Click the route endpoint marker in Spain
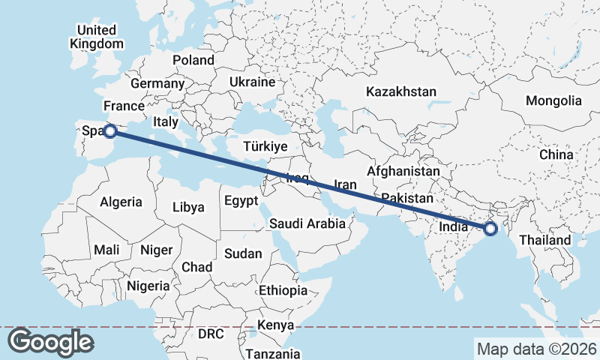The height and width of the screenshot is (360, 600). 109,131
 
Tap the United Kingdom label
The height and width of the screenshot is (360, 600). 97,37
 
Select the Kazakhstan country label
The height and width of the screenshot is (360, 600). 400,92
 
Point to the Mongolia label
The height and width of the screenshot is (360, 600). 553,100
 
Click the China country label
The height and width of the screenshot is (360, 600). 556,154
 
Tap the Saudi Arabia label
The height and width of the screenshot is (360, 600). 307,223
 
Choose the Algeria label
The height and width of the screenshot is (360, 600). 121,202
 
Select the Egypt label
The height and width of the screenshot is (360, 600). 241,201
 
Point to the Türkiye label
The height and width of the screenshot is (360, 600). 265,146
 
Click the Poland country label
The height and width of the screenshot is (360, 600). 193,61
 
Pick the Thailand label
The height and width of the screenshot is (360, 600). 545,240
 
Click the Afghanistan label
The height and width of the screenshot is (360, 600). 403,172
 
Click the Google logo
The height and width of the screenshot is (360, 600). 50,342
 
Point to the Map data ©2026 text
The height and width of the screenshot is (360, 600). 536,349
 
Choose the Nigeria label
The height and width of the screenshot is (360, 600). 148,286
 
